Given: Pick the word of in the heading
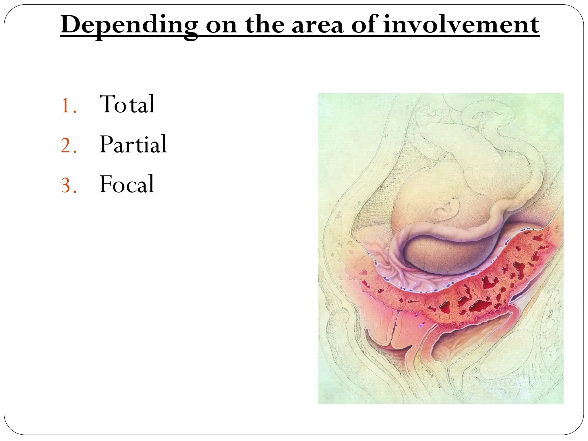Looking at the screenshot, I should point(363,25).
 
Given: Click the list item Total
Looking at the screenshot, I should point(127,104).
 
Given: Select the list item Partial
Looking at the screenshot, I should point(133,144).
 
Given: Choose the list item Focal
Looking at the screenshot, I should point(127,184).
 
